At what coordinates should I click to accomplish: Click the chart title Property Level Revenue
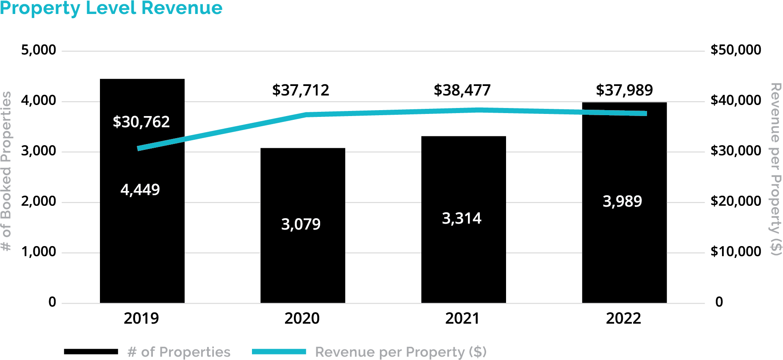coord(111,8)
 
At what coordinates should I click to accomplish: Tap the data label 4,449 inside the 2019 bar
coord(140,190)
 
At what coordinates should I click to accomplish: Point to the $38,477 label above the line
coord(462,90)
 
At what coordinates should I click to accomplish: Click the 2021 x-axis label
coord(462,318)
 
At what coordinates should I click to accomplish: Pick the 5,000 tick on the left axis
coord(39,50)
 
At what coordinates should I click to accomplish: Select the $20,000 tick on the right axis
coord(736,201)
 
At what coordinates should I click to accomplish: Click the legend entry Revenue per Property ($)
coord(401,352)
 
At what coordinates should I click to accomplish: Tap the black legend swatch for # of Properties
coord(91,352)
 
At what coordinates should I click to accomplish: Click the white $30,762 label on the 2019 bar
coord(141,122)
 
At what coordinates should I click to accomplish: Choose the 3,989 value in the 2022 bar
coord(622,201)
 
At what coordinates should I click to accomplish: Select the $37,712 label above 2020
coord(301,90)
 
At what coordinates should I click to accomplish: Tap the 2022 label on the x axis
coord(623,318)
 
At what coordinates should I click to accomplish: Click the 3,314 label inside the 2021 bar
coord(462,219)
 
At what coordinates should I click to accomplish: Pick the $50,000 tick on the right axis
coord(736,50)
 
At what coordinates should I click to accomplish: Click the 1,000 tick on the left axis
coord(39,252)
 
